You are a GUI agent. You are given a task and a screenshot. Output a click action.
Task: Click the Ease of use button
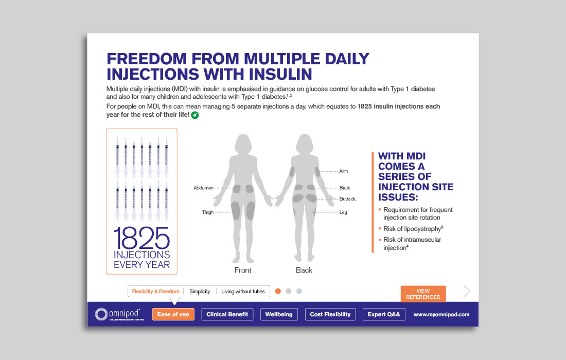coord(173,314)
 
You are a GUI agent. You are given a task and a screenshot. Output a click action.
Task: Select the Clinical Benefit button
coord(227,314)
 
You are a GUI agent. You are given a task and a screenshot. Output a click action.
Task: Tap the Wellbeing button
coord(279,314)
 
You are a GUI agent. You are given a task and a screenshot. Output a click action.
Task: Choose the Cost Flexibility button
coord(330,314)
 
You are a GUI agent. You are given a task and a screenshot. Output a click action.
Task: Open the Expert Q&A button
coord(384,314)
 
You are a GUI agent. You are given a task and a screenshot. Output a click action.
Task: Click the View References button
coord(423,294)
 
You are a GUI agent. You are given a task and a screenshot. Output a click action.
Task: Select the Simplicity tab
coord(200,292)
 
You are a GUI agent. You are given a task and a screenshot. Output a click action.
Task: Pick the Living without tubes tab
coord(243,292)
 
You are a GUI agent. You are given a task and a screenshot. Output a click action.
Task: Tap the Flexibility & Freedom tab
coord(155,292)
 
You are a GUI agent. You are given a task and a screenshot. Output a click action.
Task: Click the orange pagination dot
coord(278,291)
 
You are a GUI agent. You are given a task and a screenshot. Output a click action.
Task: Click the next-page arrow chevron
coord(467,291)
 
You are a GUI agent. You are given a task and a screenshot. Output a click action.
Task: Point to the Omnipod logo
coord(119,314)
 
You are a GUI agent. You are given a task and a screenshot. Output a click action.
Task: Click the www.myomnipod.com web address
coord(441,315)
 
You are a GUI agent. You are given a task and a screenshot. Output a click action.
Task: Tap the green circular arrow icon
coord(195,115)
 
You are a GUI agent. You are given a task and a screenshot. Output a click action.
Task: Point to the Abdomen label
coord(204,188)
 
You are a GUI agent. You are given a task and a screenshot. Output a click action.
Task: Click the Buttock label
coord(347,199)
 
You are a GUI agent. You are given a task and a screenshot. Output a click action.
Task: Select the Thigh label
coord(208,212)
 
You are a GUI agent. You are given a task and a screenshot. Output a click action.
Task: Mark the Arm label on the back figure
coord(344,171)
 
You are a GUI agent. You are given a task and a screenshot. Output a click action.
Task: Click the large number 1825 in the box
coord(141,238)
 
